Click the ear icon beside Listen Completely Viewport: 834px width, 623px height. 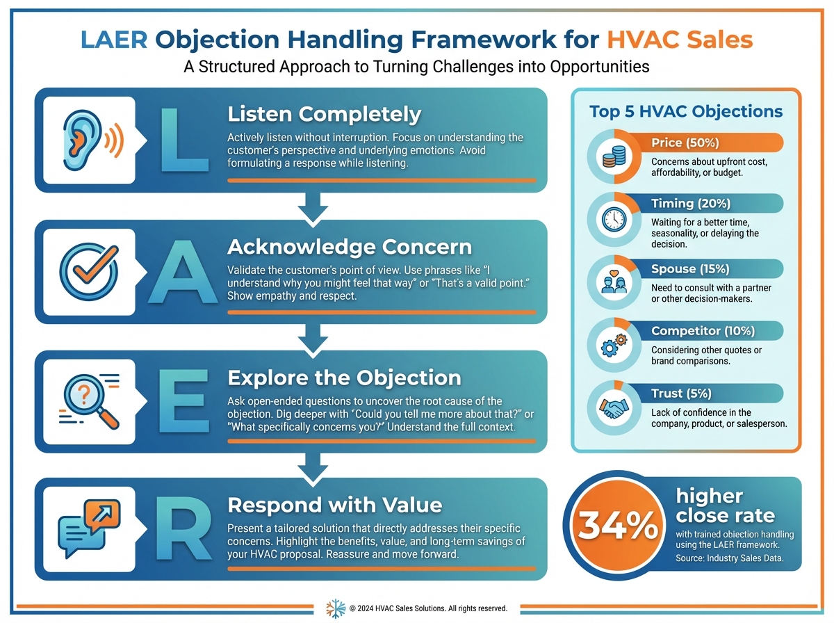[x=92, y=140]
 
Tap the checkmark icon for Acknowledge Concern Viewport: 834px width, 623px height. [x=89, y=270]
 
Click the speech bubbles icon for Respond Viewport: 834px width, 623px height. [x=89, y=528]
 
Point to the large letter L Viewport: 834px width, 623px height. [x=184, y=139]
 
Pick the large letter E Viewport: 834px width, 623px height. [x=184, y=400]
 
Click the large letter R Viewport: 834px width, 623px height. [x=184, y=528]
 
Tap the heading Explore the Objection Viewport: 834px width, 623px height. [x=344, y=378]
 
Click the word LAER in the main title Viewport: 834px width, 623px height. [x=114, y=40]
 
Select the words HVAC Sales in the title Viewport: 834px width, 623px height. [x=680, y=40]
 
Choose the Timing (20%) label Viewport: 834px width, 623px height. [x=691, y=203]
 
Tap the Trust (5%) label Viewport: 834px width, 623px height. [x=681, y=393]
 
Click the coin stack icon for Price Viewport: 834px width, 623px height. [x=614, y=156]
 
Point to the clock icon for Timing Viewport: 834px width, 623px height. [x=614, y=220]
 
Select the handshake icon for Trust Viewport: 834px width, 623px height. [x=614, y=408]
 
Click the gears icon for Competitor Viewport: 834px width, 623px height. [x=614, y=345]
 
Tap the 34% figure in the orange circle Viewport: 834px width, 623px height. [x=617, y=526]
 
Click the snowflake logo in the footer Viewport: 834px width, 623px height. [x=336, y=608]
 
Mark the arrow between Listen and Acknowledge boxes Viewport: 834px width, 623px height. [x=313, y=209]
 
